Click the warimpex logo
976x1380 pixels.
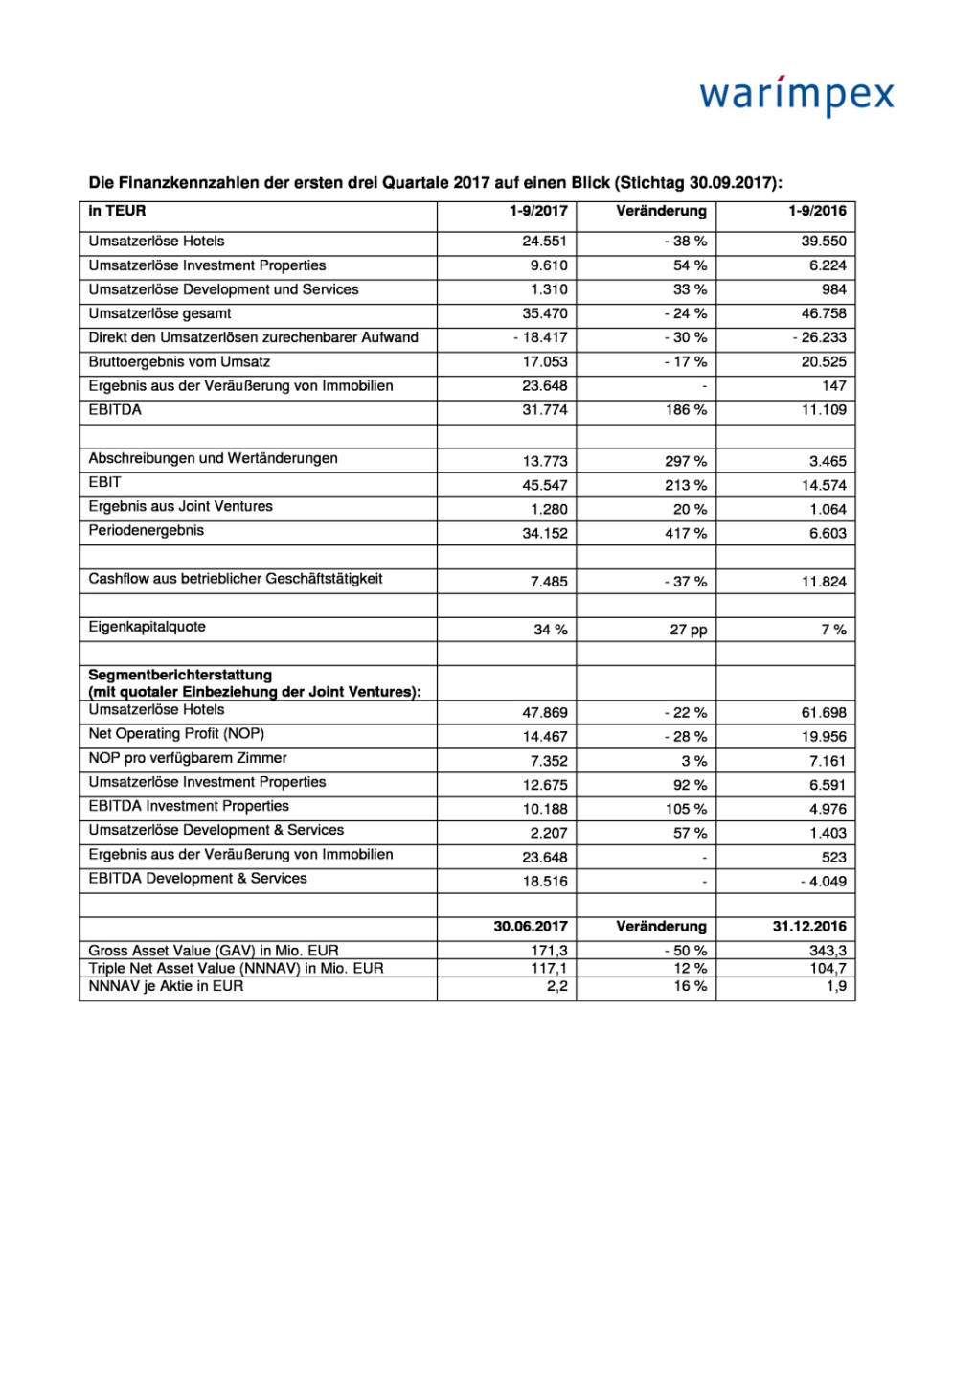(796, 95)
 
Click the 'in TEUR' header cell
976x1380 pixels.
(117, 211)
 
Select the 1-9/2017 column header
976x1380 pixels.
(538, 211)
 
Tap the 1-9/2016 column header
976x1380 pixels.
(817, 211)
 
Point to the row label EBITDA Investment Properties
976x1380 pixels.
(189, 806)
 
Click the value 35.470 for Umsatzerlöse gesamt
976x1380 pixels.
(544, 313)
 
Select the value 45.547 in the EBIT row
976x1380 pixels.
(544, 485)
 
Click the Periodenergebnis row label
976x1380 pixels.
(146, 530)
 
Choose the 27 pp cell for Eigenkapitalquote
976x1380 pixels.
(688, 630)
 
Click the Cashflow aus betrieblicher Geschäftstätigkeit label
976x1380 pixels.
(236, 578)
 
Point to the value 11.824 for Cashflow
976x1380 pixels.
(824, 582)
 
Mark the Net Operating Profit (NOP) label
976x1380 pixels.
(176, 733)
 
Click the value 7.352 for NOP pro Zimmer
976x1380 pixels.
(549, 761)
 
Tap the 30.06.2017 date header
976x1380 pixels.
(531, 927)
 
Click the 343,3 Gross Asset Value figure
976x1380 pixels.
(828, 951)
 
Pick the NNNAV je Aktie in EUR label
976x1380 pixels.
(166, 986)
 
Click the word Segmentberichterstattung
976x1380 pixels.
(180, 675)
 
